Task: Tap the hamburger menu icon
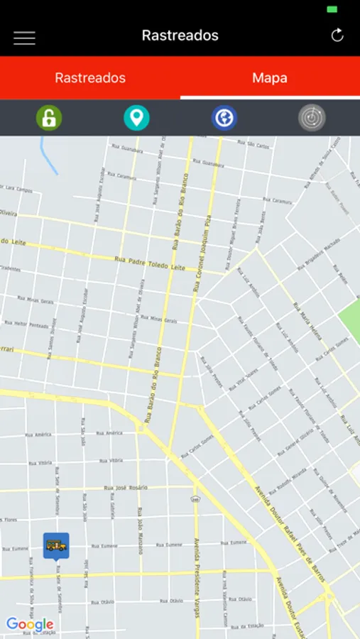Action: (24, 38)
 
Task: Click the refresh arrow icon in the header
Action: (337, 35)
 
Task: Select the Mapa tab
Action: (270, 78)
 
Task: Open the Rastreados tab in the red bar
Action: (90, 78)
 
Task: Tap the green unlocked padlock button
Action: (49, 118)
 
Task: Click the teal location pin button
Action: (136, 118)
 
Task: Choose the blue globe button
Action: (224, 118)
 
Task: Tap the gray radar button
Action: (312, 118)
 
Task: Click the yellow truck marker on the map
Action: (56, 545)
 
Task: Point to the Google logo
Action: (30, 625)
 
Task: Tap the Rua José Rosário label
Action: (126, 488)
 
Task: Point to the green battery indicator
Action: (332, 9)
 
